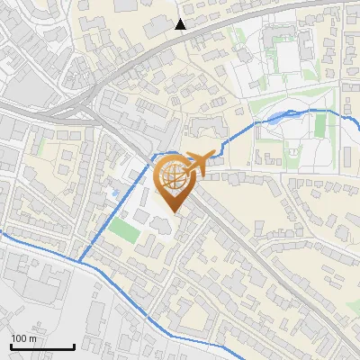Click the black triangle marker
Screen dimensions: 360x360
(181, 23)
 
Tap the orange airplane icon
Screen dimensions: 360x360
(203, 161)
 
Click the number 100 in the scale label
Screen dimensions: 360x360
(20, 338)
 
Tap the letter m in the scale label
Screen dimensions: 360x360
(33, 338)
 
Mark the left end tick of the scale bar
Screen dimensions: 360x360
(11, 346)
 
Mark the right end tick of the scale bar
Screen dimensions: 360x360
(74, 346)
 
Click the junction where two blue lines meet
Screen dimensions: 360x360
(79, 262)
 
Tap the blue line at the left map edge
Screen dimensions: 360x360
(3, 235)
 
